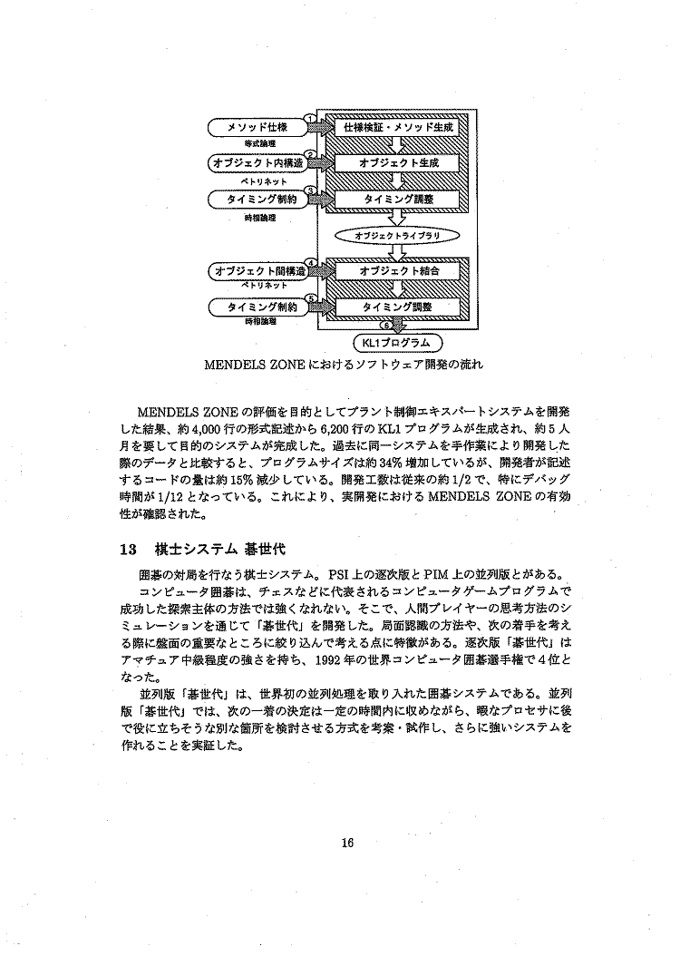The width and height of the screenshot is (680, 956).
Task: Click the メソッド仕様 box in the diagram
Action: tap(257, 128)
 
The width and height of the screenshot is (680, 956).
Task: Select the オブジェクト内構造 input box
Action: tap(257, 163)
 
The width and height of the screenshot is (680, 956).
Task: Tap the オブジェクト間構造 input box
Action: tap(257, 271)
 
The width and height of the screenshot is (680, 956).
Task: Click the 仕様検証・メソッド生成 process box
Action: tap(398, 128)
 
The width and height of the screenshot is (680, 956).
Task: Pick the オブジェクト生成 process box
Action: tap(398, 163)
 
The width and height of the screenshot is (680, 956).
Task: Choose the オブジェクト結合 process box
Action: tap(398, 271)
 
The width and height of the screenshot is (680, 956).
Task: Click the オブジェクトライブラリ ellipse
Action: tap(397, 235)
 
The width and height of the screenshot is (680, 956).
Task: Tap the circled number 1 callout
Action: tap(310, 119)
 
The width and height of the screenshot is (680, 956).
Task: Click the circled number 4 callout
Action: tap(311, 263)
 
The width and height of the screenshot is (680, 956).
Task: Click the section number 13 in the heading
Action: tap(129, 549)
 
